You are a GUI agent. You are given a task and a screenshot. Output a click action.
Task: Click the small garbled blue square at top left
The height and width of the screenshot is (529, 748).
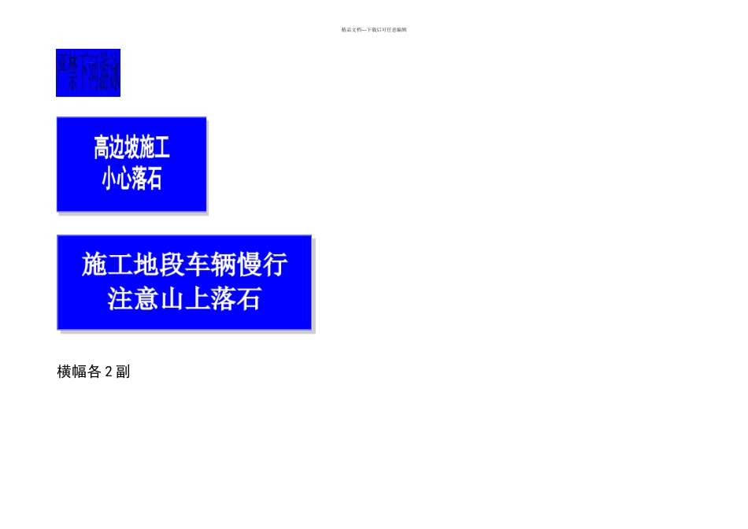pos(87,72)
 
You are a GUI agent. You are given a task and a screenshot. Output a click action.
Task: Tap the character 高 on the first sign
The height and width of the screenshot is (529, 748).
pos(103,147)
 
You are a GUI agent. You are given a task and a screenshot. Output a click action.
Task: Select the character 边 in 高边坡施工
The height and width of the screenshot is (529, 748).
pos(122,147)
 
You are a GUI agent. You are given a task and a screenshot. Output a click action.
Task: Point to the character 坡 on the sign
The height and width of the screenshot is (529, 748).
pos(141,147)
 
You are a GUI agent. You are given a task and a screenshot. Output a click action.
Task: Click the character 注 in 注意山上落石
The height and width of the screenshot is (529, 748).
pos(120,299)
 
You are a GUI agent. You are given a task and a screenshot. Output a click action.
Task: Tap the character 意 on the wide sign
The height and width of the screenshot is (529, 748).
pos(146,299)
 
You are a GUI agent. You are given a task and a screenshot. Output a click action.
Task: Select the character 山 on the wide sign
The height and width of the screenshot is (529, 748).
pos(172,299)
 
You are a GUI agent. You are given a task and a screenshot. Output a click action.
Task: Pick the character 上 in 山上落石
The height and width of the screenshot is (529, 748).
pos(197,299)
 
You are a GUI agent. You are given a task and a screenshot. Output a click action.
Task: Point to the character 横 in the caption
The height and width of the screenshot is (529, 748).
pos(65,372)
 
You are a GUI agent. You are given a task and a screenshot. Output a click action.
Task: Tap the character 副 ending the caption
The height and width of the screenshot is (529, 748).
pos(123,372)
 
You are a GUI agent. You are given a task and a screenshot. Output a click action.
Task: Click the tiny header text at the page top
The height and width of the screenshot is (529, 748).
pos(374,30)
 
